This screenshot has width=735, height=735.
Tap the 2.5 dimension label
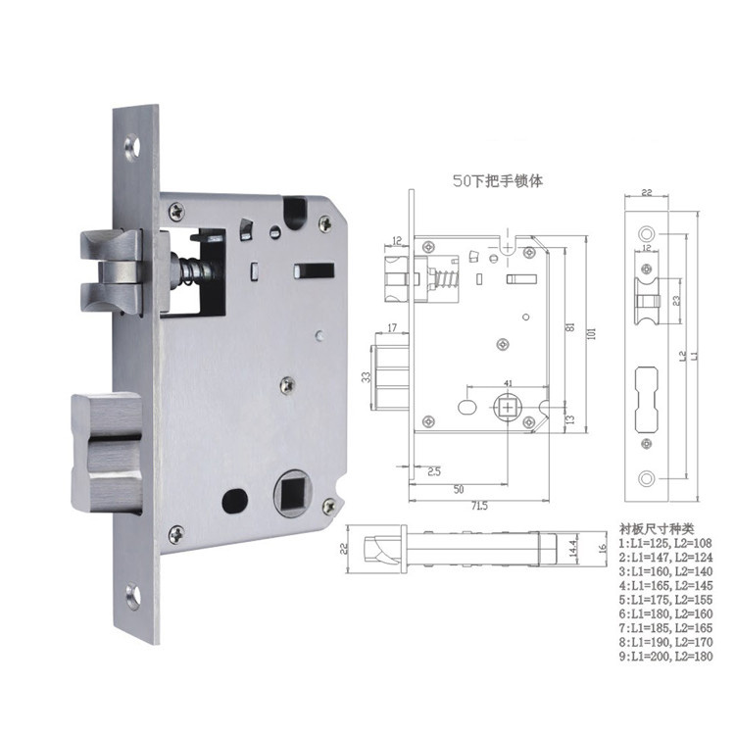point(433,470)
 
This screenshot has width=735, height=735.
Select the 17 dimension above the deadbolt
point(391,326)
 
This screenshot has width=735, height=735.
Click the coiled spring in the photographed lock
point(188,269)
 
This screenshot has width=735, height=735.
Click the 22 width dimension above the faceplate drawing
point(647,193)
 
